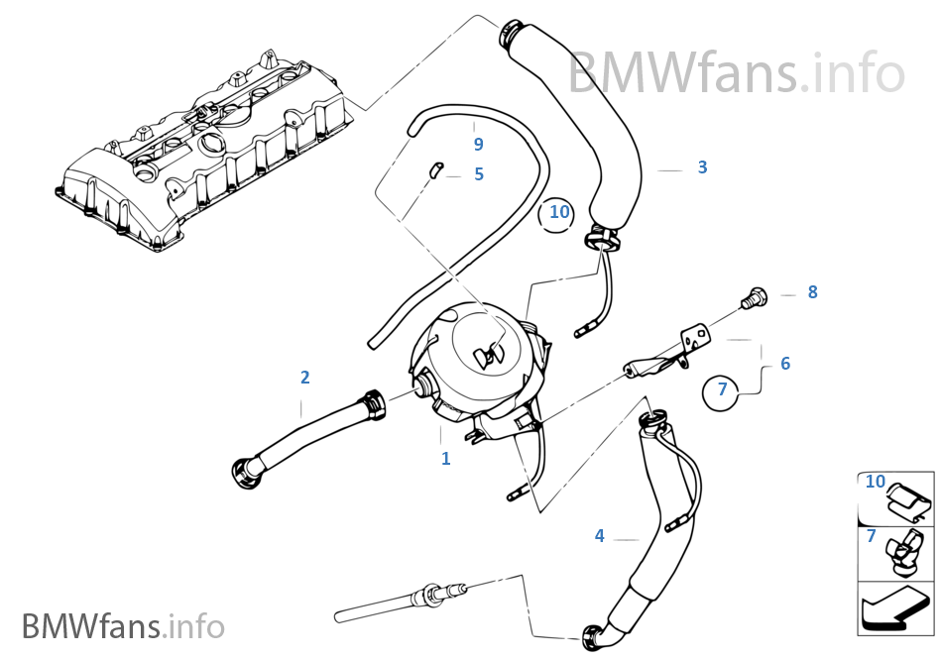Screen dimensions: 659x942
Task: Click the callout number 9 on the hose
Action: [x=478, y=145]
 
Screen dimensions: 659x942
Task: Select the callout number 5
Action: [x=479, y=174]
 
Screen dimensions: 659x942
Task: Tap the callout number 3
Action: [x=702, y=167]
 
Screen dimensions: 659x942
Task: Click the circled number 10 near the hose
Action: [x=560, y=211]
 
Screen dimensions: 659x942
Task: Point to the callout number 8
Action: [x=812, y=292]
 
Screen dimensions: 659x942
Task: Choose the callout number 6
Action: [x=785, y=364]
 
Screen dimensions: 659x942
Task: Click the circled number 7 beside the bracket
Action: [x=723, y=389]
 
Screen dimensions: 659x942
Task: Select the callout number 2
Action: [x=304, y=377]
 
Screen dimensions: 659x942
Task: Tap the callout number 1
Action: [x=445, y=459]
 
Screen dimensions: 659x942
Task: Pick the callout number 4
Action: [x=599, y=536]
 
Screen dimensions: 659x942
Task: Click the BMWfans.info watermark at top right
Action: [x=736, y=72]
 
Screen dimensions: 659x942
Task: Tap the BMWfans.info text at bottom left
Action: [x=124, y=626]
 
